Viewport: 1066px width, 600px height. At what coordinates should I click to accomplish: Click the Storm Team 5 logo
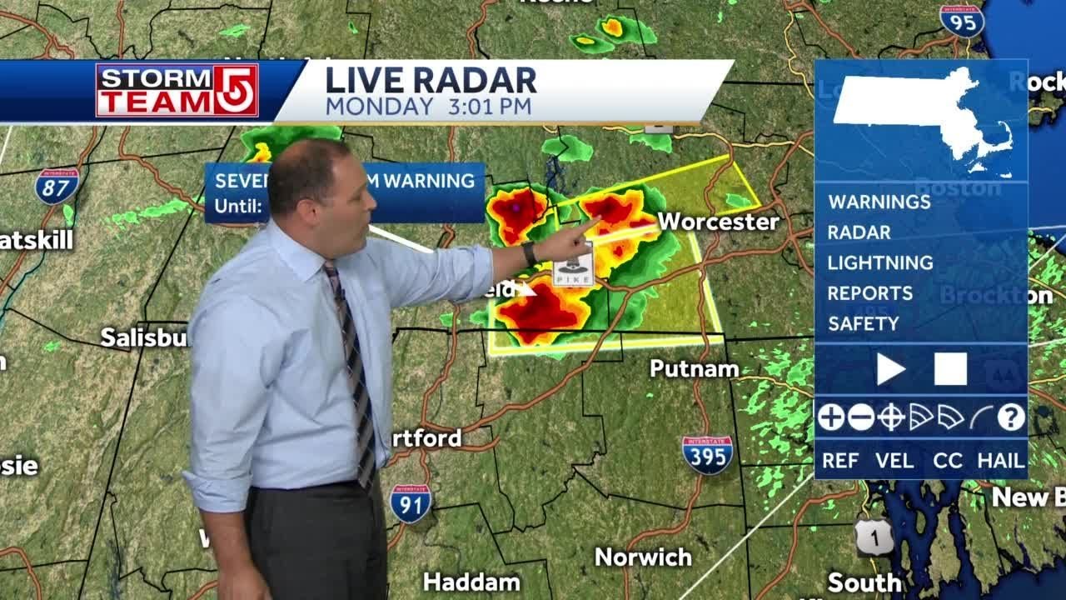tap(177, 90)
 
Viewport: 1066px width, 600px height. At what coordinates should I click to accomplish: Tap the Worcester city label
tap(719, 222)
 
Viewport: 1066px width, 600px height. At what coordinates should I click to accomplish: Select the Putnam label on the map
tap(694, 368)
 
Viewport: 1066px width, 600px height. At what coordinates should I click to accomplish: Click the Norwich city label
tap(643, 557)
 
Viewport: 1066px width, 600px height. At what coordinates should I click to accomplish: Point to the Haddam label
tap(471, 582)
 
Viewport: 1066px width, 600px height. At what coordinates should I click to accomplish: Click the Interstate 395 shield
tap(707, 454)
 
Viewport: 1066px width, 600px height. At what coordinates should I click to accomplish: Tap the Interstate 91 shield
tap(411, 503)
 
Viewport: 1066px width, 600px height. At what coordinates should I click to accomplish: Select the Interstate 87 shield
tap(57, 186)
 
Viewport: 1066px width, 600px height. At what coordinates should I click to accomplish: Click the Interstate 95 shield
tap(962, 21)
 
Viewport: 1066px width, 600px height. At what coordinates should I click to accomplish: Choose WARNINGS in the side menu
tap(879, 202)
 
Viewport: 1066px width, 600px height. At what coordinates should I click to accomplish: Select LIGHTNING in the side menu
tap(880, 262)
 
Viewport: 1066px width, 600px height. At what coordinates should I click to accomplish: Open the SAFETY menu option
tap(864, 323)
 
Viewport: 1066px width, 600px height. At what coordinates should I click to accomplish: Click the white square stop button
tap(950, 369)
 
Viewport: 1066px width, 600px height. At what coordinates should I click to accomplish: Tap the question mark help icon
tap(1011, 417)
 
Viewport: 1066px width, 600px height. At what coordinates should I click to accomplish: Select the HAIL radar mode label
tap(1000, 461)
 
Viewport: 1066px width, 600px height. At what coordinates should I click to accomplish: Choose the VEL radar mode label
tap(894, 461)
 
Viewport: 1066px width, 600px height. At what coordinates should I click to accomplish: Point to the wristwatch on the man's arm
tap(530, 254)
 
